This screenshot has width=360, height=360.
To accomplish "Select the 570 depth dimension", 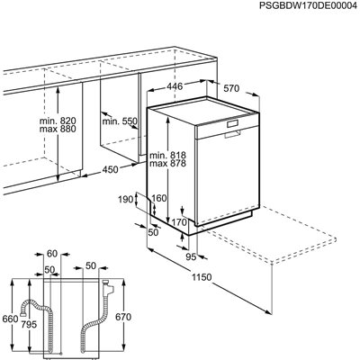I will tap(232, 88).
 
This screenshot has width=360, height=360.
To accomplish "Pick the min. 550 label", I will tap(119, 121).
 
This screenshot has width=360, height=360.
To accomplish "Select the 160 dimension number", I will tap(159, 199).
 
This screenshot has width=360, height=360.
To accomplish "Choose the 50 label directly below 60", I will tap(49, 268).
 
